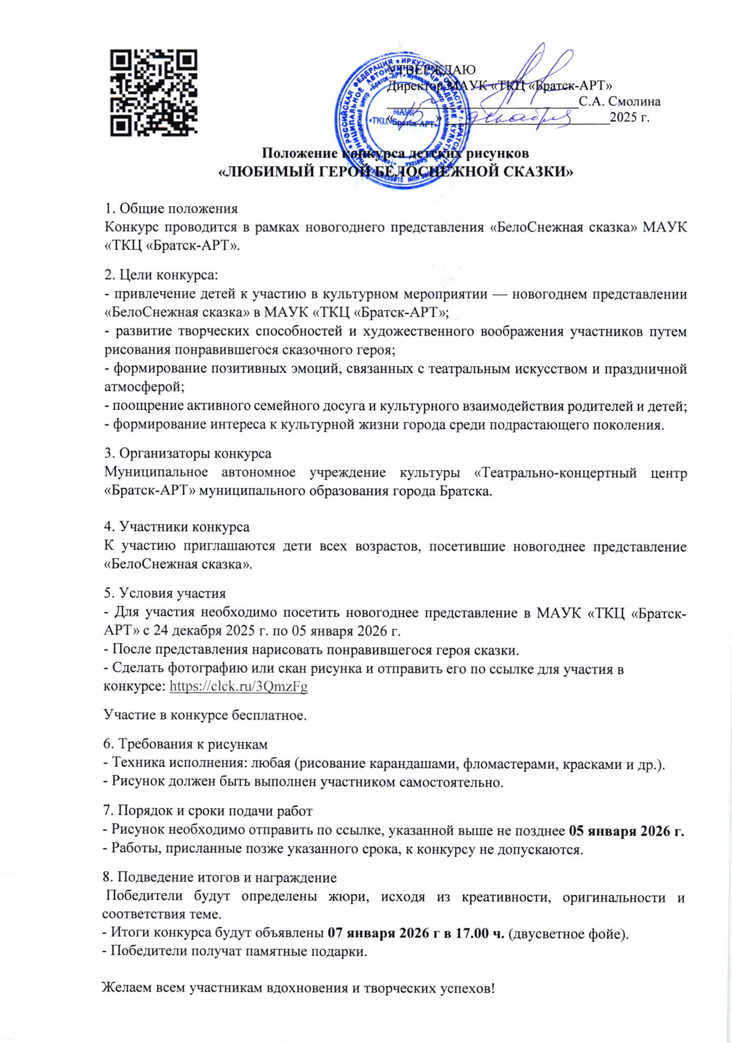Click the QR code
(x=154, y=93)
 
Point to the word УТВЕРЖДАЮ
(x=431, y=69)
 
